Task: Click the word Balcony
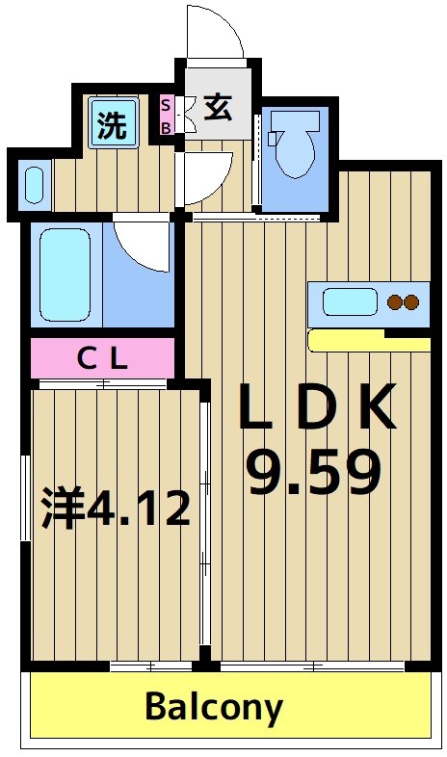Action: pos(214,708)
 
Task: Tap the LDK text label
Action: pos(317,408)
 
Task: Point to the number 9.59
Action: pos(314,472)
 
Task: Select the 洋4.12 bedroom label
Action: pos(116,508)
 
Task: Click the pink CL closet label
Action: pos(102,359)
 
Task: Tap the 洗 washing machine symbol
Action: pos(113,125)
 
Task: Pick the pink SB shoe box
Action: pos(166,116)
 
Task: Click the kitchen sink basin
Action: pos(349,301)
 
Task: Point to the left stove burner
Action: pos(395,302)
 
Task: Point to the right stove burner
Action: pos(412,302)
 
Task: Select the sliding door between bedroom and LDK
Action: pos(204,520)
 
